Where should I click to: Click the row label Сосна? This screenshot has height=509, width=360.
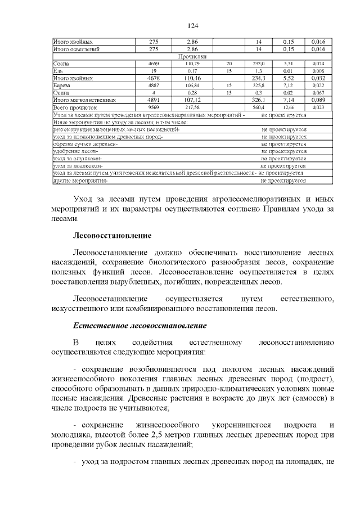[x=61, y=64]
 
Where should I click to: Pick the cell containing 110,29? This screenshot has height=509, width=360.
[x=193, y=64]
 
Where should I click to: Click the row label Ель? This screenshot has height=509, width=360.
[x=57, y=71]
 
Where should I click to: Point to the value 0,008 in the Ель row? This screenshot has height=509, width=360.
[x=318, y=71]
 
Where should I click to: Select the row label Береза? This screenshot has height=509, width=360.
[x=62, y=85]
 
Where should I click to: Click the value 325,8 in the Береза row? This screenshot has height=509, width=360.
[x=259, y=85]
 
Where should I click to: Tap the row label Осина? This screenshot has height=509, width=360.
[x=61, y=92]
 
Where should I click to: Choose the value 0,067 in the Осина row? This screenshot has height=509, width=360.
[x=318, y=92]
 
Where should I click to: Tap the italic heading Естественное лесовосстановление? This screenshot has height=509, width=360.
[x=141, y=326]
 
